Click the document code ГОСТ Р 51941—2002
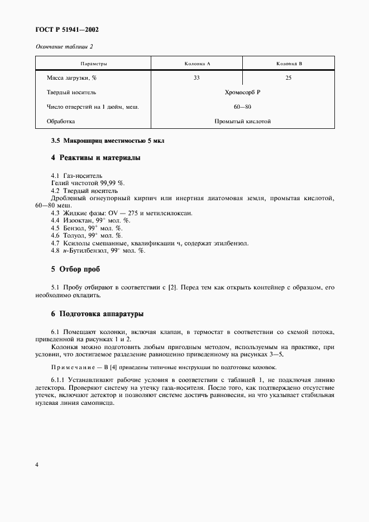[63, 30]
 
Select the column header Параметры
[94, 64]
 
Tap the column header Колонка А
[197, 64]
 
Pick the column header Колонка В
[289, 64]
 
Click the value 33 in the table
[197, 78]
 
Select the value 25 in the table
[289, 78]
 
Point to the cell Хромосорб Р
[242, 92]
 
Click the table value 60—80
[242, 107]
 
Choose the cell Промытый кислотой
[242, 121]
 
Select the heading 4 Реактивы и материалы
[95, 158]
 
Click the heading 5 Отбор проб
[76, 269]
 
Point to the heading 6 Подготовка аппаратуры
[97, 314]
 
